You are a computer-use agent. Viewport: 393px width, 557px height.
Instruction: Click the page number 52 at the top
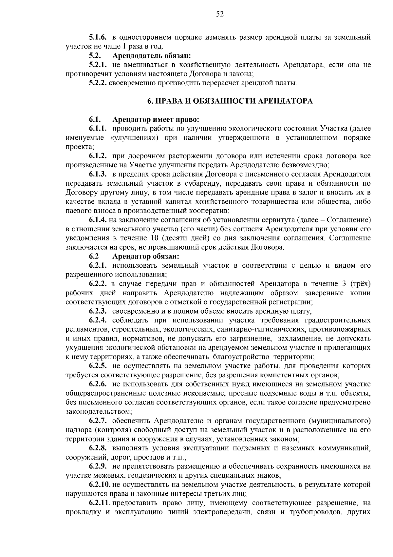[x=220, y=14]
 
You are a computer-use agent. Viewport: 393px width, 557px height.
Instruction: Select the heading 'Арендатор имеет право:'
[x=156, y=119]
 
